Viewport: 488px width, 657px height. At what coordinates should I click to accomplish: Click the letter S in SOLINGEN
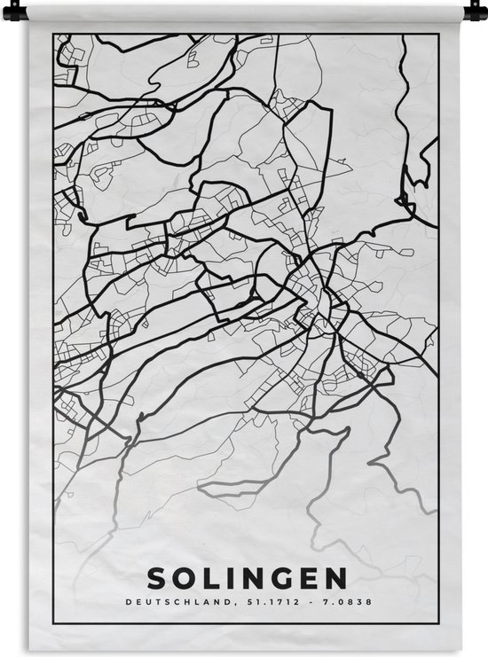(157, 579)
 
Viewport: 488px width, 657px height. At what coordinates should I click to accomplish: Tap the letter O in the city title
(184, 579)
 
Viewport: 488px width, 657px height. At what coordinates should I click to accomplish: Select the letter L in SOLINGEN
(209, 579)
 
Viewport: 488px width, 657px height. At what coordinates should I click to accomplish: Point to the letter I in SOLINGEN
(229, 579)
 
